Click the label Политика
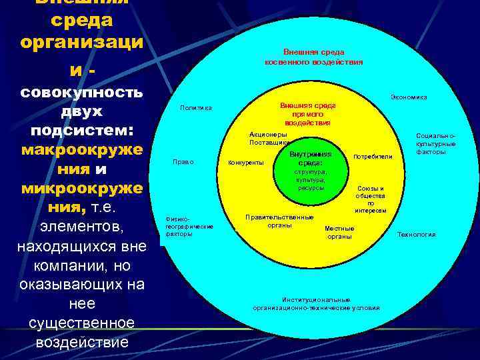[x=196, y=108]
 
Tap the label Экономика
[x=409, y=97]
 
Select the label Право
[x=183, y=161]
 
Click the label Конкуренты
[x=246, y=162]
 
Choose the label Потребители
[x=373, y=157]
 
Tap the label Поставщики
[x=269, y=142]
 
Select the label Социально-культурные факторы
[x=435, y=143]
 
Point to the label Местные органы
[x=339, y=233]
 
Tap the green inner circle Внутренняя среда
[x=311, y=171]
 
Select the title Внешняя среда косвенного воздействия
[x=313, y=57]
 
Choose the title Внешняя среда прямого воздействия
[x=307, y=114]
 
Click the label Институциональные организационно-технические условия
[x=316, y=304]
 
